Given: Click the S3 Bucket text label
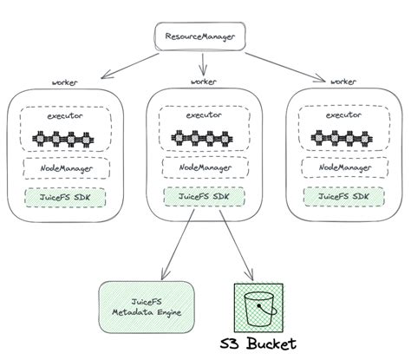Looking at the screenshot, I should [259, 344].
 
